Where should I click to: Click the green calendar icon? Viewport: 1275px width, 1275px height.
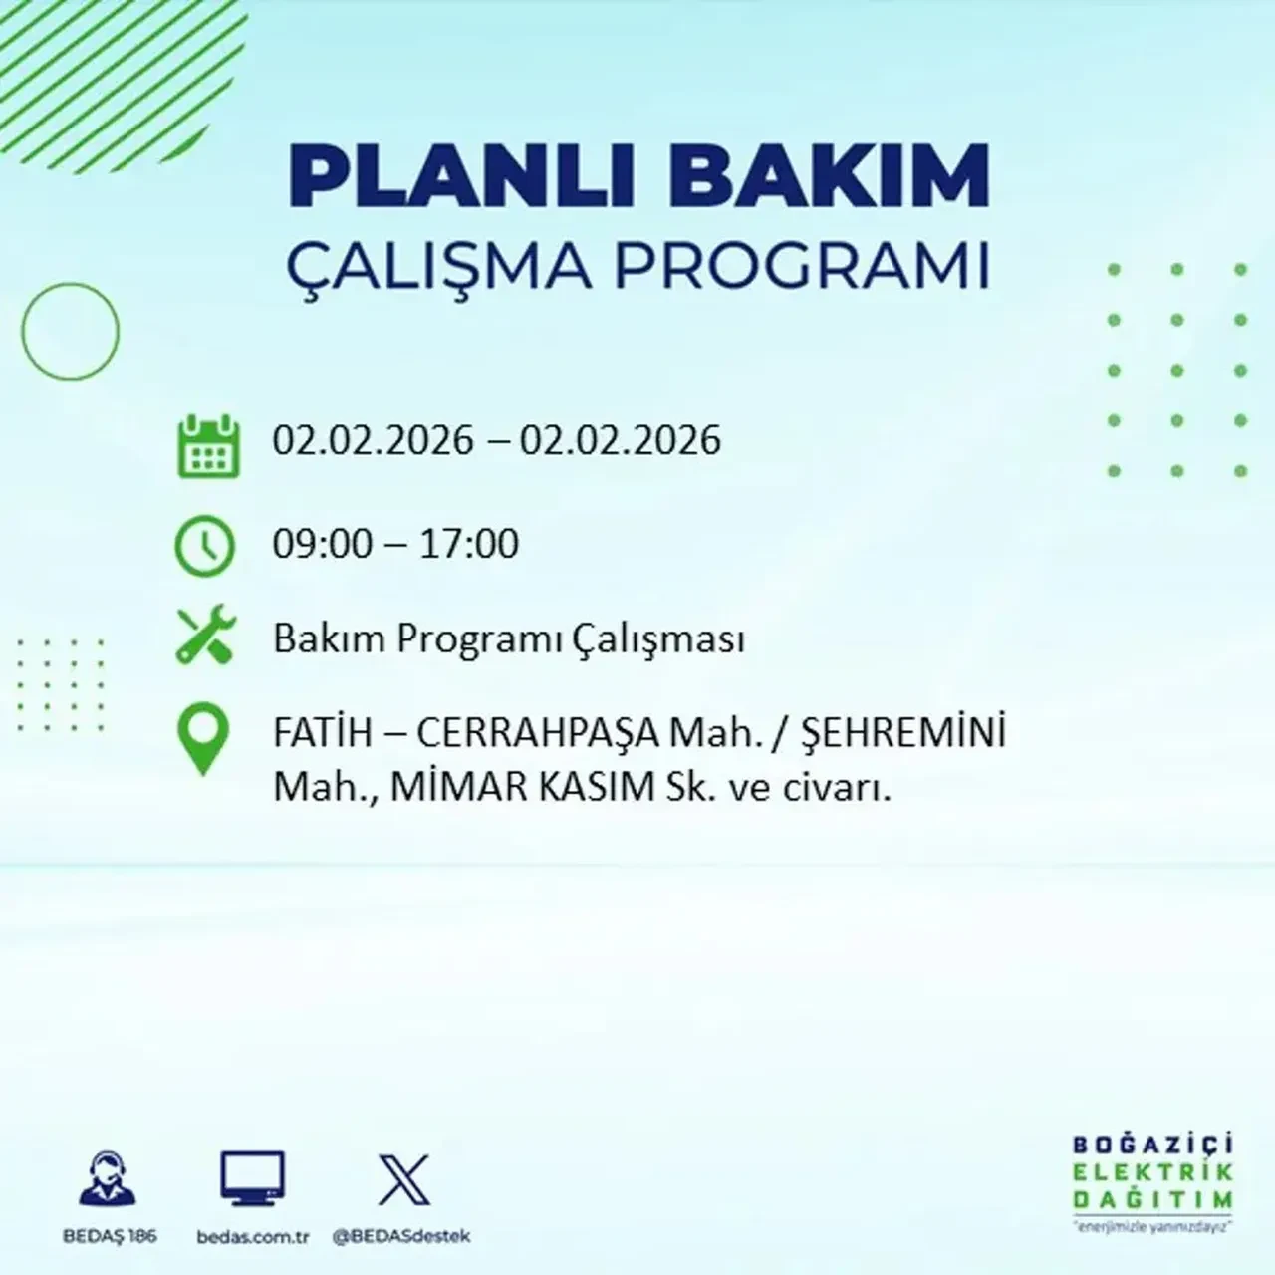click(208, 445)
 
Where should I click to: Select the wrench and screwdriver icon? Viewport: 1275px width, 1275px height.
click(205, 637)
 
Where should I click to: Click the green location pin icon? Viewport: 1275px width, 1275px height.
click(202, 739)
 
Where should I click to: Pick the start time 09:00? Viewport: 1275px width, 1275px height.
click(322, 544)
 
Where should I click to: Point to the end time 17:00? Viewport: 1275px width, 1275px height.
click(469, 544)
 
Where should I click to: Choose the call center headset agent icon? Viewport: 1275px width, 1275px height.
click(109, 1179)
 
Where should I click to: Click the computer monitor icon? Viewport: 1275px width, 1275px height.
click(252, 1179)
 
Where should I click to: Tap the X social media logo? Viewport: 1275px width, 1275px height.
click(404, 1180)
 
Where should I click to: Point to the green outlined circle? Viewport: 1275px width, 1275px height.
click(70, 331)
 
